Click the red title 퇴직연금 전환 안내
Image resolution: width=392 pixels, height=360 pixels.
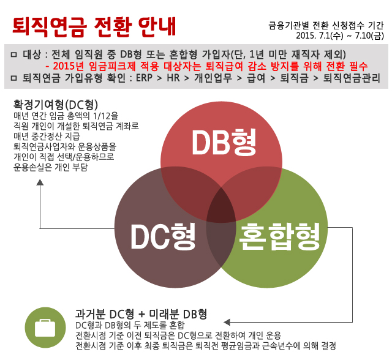click(94, 26)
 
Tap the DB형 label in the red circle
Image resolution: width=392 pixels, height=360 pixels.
click(224, 142)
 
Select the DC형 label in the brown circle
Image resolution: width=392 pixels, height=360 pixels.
click(163, 236)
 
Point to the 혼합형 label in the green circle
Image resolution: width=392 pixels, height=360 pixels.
click(279, 236)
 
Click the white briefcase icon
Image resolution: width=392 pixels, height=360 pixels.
click(45, 328)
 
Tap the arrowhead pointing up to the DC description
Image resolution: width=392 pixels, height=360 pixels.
click(40, 182)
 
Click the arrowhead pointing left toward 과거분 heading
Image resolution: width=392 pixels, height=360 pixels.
click(227, 322)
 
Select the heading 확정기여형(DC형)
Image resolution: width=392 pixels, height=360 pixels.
click(56, 105)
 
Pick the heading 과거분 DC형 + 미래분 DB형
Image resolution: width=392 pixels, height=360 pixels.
click(141, 314)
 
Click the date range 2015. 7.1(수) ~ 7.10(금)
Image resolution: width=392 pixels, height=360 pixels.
click(340, 36)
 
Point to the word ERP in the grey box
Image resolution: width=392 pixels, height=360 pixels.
click(144, 78)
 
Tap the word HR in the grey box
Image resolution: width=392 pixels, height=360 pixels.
click(173, 78)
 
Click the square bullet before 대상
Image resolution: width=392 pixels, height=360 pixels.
click(14, 54)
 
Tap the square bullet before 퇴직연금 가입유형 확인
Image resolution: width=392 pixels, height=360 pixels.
click(14, 78)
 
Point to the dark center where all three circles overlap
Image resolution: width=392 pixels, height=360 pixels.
click(221, 206)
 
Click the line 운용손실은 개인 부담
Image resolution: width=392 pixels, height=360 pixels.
click(50, 167)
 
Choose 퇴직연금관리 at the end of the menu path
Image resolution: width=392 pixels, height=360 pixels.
click(352, 78)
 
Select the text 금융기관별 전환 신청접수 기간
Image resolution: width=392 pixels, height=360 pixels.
click(326, 25)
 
